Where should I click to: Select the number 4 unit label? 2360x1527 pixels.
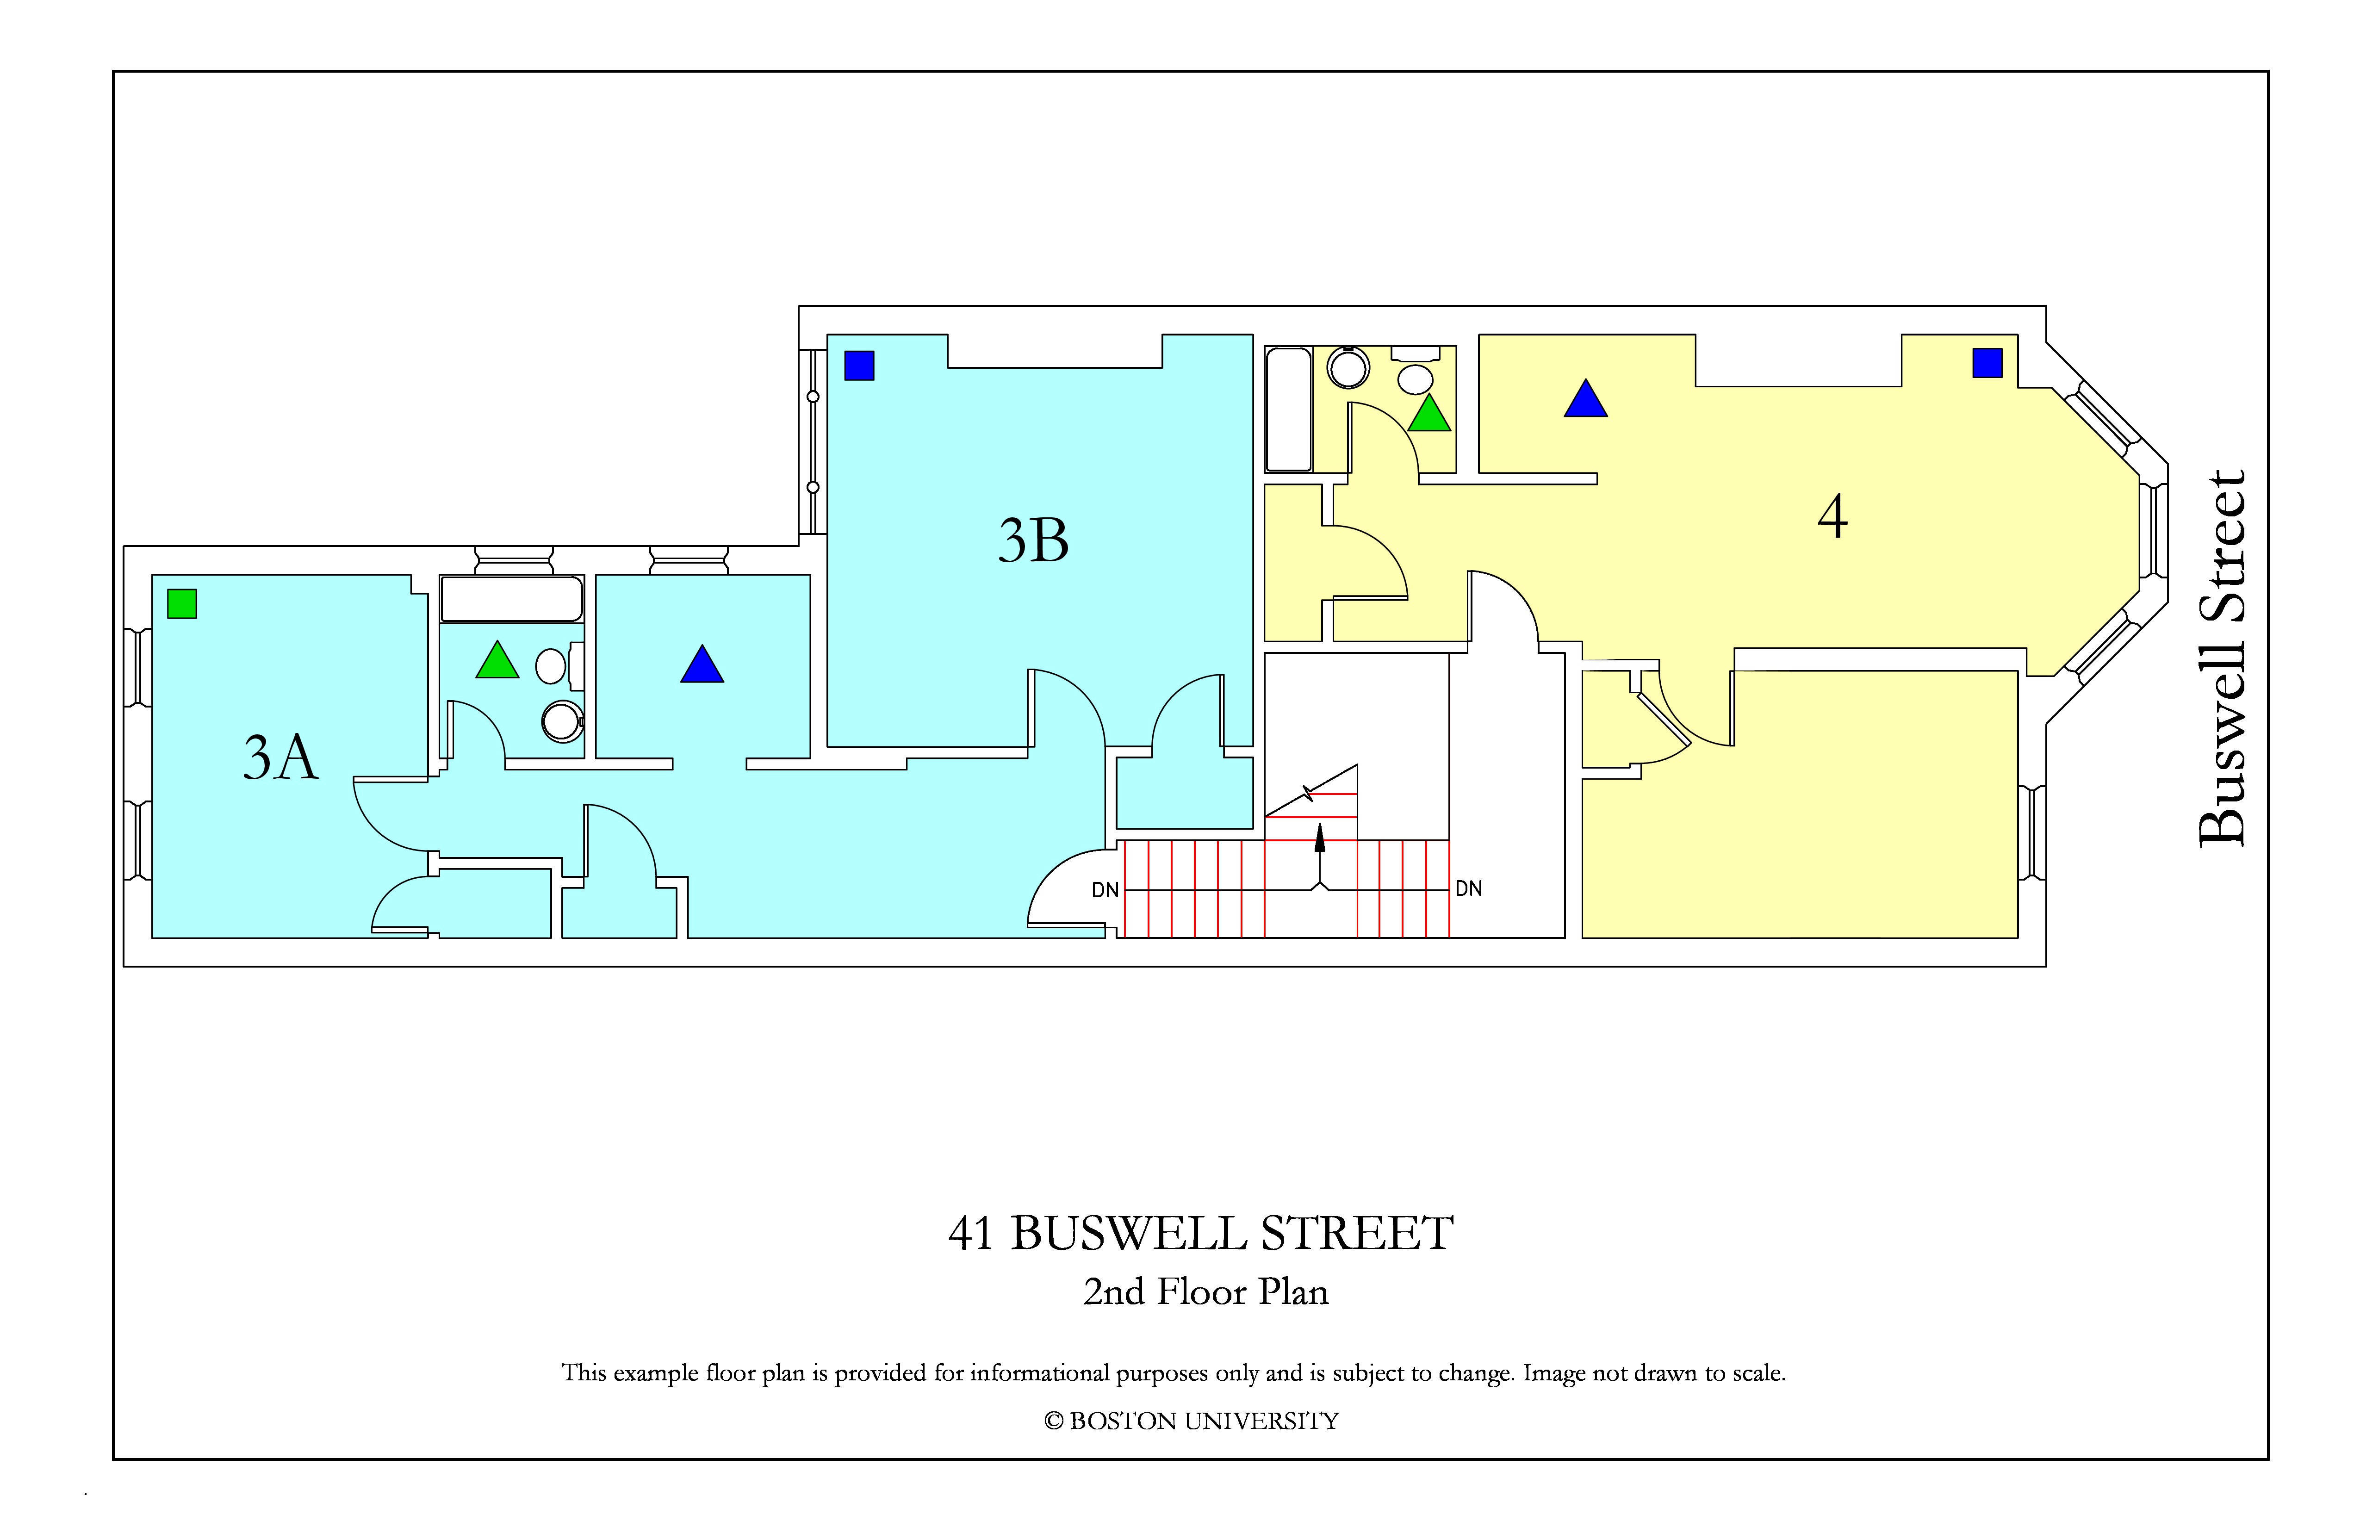pyautogui.click(x=1832, y=516)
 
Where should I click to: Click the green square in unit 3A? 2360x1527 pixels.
pyautogui.click(x=182, y=604)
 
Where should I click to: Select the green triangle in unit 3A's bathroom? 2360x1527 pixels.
pyautogui.click(x=498, y=660)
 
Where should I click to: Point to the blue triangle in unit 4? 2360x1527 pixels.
pyautogui.click(x=1585, y=398)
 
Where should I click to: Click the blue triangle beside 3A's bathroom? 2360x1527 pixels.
pyautogui.click(x=702, y=664)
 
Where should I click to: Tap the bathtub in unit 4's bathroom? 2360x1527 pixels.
pyautogui.click(x=1289, y=410)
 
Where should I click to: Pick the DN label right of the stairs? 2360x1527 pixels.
pyautogui.click(x=1469, y=888)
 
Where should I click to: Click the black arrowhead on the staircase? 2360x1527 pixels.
pyautogui.click(x=1320, y=838)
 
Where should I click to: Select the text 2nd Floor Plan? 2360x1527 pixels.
pyautogui.click(x=1206, y=1292)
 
